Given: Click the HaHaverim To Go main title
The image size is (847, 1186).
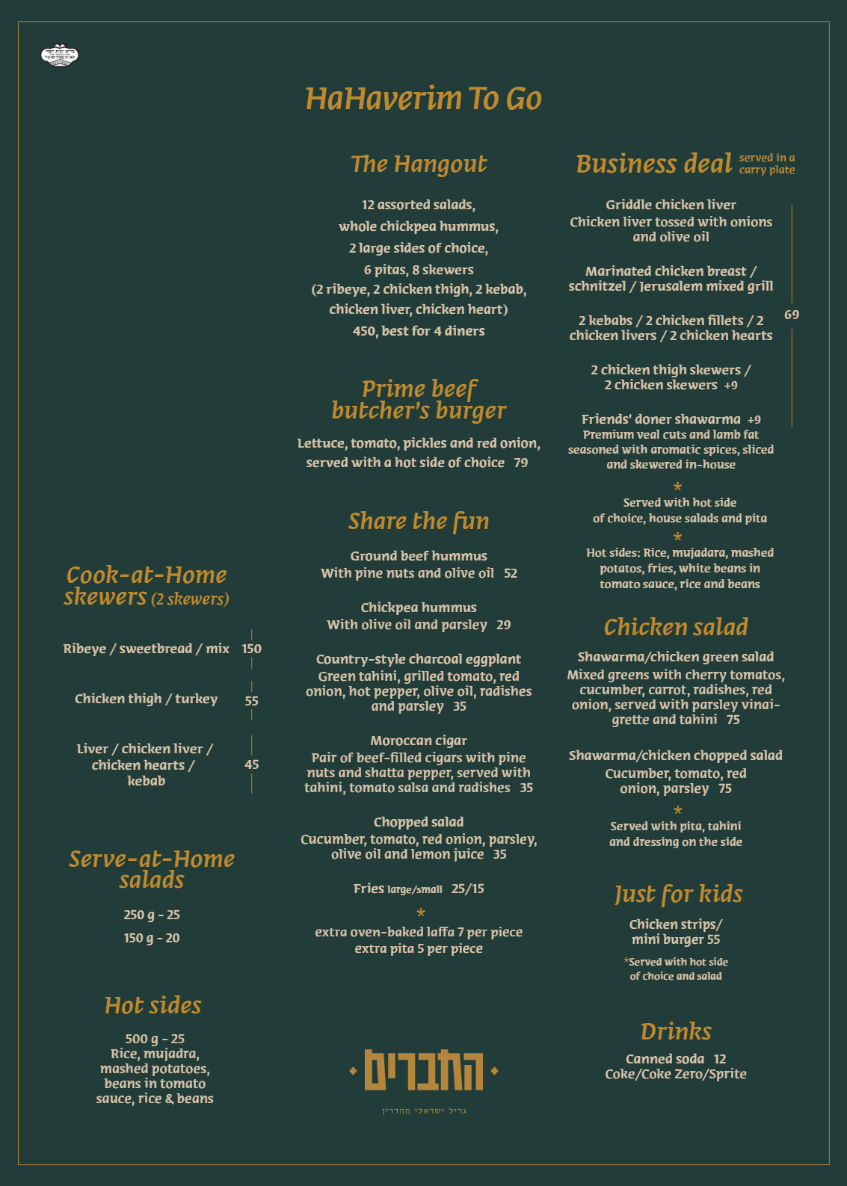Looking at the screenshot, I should pyautogui.click(x=423, y=99).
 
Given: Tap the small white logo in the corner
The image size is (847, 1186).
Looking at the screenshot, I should pyautogui.click(x=60, y=56).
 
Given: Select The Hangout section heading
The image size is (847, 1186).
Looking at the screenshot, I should pyautogui.click(x=419, y=164).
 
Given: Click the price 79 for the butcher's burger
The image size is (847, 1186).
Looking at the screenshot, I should pyautogui.click(x=521, y=463).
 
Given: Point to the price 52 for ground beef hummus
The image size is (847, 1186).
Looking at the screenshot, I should pyautogui.click(x=511, y=573).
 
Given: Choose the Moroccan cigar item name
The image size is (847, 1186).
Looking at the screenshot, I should pyautogui.click(x=419, y=741).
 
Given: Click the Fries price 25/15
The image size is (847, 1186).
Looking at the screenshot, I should pyautogui.click(x=468, y=889).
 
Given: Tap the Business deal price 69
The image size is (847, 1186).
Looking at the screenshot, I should pyautogui.click(x=792, y=315).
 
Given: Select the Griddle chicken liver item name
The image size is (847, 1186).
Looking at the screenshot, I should pyautogui.click(x=671, y=205).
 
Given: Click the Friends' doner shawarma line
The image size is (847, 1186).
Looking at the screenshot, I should pyautogui.click(x=661, y=419).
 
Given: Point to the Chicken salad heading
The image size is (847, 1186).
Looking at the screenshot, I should pyautogui.click(x=676, y=627).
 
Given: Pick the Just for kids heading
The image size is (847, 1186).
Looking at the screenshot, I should pyautogui.click(x=678, y=894).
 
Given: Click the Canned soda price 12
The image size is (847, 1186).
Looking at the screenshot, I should pyautogui.click(x=720, y=1059).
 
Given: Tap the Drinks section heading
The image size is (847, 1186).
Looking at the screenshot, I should pyautogui.click(x=676, y=1031).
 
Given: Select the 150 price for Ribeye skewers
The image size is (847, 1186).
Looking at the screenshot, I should pyautogui.click(x=251, y=649).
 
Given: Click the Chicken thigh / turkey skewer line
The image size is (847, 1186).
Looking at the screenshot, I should pyautogui.click(x=147, y=699).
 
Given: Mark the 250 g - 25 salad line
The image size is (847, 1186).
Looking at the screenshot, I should pyautogui.click(x=152, y=915).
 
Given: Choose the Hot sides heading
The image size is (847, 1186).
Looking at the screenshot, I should pyautogui.click(x=153, y=1005).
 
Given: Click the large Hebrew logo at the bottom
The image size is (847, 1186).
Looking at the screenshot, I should pyautogui.click(x=424, y=1071).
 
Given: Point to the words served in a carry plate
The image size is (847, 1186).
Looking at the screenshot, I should pyautogui.click(x=767, y=164).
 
